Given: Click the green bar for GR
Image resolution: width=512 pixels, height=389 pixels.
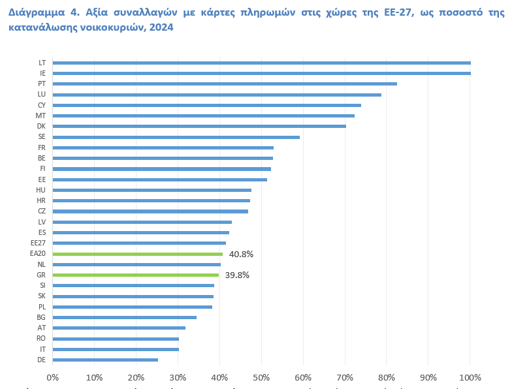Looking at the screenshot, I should click(x=136, y=275).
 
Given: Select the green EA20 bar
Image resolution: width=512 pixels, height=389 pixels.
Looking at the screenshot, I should click(x=138, y=254).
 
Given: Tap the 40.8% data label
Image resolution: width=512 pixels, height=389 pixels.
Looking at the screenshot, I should click(x=241, y=254).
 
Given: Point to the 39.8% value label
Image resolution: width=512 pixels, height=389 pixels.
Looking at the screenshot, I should click(x=237, y=275).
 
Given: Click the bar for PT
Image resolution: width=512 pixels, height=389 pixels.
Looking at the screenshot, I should click(x=225, y=84).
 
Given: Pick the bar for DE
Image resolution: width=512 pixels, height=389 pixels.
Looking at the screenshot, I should click(x=105, y=360).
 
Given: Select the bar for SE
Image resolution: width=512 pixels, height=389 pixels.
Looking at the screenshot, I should click(x=176, y=137).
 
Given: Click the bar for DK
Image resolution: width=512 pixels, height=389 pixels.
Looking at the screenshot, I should click(x=199, y=126).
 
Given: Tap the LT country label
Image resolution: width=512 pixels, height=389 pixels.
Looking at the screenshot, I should click(x=42, y=63).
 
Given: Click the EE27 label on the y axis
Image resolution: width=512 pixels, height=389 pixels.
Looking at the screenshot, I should click(x=38, y=243).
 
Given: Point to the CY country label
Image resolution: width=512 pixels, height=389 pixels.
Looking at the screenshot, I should click(x=42, y=105).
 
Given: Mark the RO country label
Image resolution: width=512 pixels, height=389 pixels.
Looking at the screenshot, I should click(x=41, y=338).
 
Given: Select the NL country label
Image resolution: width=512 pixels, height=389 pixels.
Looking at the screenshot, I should click(x=42, y=264).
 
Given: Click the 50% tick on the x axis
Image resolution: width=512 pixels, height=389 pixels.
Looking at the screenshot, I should click(x=261, y=377).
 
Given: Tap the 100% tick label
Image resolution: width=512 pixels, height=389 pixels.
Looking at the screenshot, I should click(x=470, y=377).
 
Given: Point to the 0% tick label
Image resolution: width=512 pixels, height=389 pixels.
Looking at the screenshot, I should click(x=53, y=377).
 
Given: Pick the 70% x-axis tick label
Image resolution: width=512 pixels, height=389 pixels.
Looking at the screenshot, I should click(x=345, y=377).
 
